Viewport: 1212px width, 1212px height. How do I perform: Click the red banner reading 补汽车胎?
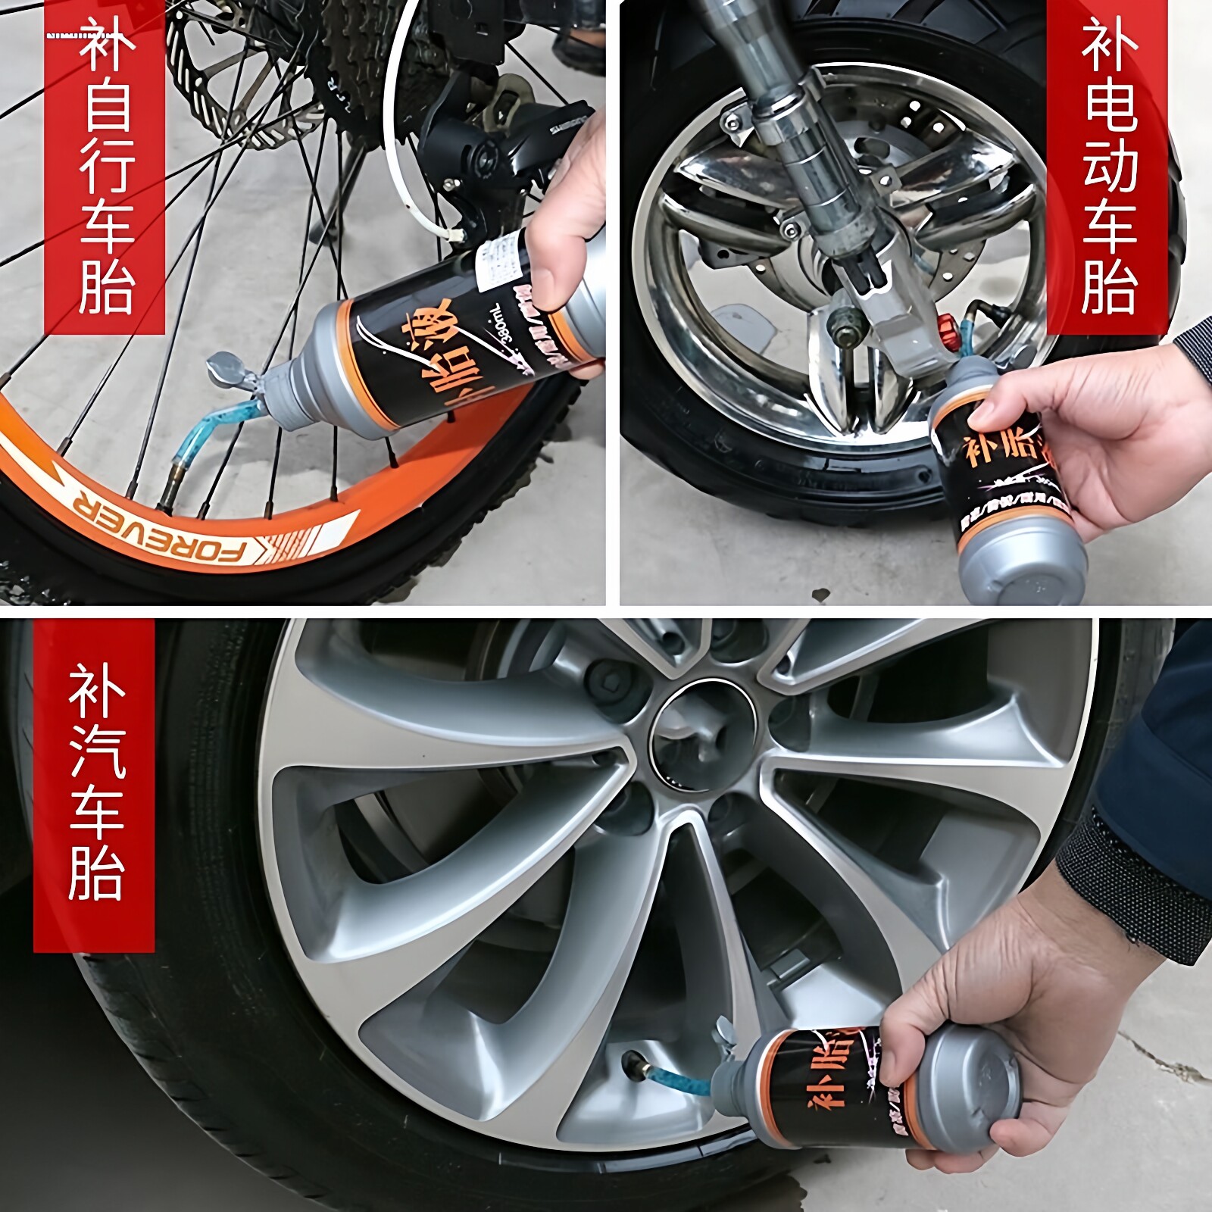[x=95, y=784]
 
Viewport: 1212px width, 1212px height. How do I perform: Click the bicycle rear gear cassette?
[x=356, y=53]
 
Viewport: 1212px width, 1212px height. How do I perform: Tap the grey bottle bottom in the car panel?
[x=977, y=1076]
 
